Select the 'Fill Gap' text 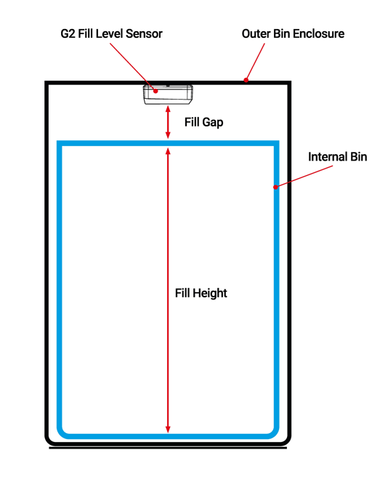[203, 123]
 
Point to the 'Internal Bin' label [338, 156]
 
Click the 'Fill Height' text [201, 294]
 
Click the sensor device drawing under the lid [168, 94]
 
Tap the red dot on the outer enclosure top [246, 80]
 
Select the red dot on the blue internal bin [275, 188]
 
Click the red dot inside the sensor [155, 92]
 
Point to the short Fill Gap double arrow [169, 122]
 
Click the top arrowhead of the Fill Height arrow [169, 151]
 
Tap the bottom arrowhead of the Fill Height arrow [169, 428]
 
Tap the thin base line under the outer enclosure [168, 448]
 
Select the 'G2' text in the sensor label [66, 33]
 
